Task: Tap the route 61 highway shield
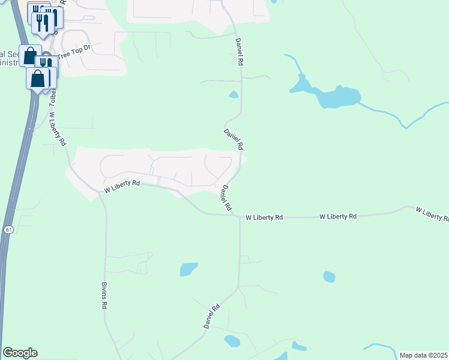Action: coord(8,230)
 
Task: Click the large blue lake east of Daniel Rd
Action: coord(336,97)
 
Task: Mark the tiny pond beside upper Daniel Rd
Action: coord(234,94)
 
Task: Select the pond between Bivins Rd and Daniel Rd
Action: coord(188,269)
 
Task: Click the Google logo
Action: coord(20,353)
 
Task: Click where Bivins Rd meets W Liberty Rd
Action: coord(100,193)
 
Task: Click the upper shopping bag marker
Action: coord(30,56)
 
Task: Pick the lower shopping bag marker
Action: coord(38,79)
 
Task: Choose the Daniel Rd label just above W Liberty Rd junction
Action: coord(226,197)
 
